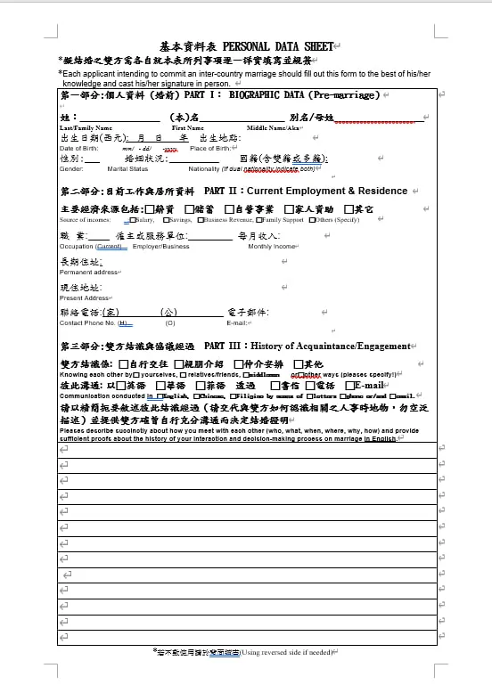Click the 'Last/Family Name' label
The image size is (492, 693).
tap(85, 128)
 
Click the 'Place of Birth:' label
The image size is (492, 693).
tap(210, 148)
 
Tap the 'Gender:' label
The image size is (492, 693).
tap(71, 168)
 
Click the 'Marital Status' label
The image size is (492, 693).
tap(127, 168)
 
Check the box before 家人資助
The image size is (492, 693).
tap(289, 208)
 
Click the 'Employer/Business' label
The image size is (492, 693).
tap(160, 246)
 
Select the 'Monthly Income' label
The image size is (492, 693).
tap(272, 246)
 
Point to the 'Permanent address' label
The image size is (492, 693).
tap(89, 272)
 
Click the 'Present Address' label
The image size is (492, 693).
tap(85, 298)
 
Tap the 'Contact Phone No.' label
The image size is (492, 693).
tap(86, 322)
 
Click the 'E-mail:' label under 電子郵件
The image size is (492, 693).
tap(236, 322)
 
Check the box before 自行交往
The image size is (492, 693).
tap(123, 364)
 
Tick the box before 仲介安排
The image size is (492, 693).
tap(238, 364)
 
